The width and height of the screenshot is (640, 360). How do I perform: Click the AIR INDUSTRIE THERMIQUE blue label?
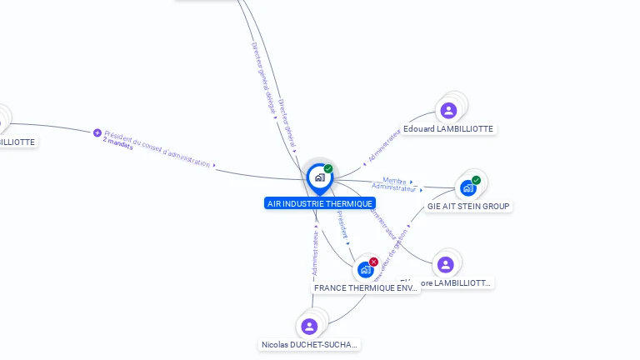320,203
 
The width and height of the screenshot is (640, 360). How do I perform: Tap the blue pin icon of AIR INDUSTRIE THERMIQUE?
319,177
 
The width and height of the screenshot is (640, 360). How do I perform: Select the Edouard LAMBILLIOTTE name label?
448,129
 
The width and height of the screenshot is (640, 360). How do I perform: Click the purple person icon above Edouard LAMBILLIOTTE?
448,110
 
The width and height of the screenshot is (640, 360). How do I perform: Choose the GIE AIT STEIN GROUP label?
468,206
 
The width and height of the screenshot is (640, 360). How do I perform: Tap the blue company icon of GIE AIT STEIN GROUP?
467,187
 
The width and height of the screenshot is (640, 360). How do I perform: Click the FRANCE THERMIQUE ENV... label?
366,287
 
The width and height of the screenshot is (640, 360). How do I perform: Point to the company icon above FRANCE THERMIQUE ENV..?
365,270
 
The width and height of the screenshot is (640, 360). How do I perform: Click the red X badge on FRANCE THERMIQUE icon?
373,262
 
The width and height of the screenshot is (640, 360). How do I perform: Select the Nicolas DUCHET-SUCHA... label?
309,344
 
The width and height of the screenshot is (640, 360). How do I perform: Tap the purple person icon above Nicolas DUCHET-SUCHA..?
309,326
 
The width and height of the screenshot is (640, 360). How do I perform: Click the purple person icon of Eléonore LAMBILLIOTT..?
446,265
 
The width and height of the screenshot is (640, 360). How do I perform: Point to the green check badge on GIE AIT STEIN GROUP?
476,180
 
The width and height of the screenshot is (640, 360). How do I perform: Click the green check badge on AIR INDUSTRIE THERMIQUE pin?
328,169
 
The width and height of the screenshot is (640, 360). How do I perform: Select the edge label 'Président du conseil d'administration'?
157,148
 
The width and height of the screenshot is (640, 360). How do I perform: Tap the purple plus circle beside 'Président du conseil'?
97,132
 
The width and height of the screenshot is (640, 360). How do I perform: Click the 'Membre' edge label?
394,180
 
